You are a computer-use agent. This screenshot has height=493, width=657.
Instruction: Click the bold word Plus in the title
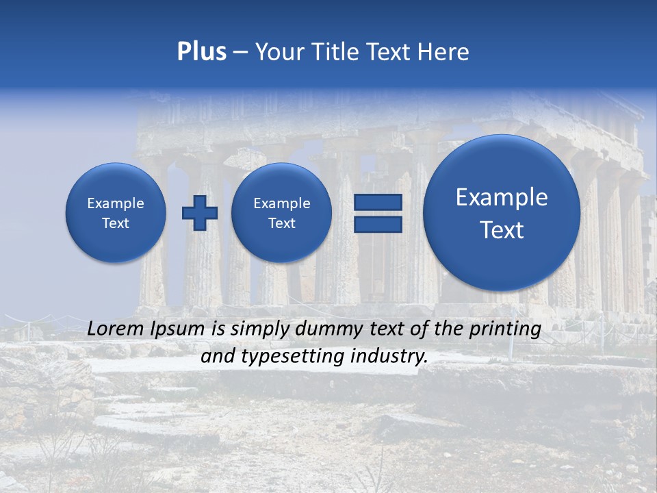(202, 52)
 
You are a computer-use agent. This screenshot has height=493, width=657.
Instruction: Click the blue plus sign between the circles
(200, 212)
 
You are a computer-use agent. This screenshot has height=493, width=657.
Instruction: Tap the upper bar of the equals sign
(378, 202)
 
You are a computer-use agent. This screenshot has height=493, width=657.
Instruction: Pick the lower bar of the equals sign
(378, 224)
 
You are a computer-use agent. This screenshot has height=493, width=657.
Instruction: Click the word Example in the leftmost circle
(116, 203)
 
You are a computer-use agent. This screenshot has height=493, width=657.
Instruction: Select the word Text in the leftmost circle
(116, 223)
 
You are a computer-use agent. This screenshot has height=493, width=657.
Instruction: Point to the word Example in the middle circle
(281, 203)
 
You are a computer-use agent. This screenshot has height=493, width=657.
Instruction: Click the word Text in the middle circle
(281, 223)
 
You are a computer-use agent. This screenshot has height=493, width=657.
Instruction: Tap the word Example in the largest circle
(502, 197)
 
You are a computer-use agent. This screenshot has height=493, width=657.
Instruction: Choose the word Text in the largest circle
(502, 230)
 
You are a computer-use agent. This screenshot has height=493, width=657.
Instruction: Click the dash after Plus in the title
(240, 53)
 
